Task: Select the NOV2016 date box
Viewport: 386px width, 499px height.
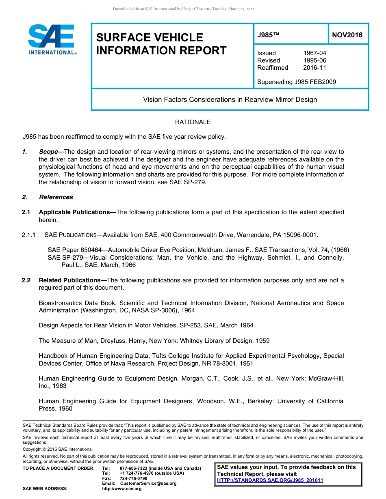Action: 347,35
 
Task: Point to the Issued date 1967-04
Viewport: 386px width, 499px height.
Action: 314,53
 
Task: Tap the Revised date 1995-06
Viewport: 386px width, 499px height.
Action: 314,60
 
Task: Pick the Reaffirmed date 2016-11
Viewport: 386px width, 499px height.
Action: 314,68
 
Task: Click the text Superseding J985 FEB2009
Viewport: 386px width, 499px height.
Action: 297,82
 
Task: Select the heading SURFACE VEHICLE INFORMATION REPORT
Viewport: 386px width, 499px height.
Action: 161,44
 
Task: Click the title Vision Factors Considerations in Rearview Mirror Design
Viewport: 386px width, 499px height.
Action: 230,99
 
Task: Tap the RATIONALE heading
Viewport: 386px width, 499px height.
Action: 193,122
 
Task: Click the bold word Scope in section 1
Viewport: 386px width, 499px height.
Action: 48,152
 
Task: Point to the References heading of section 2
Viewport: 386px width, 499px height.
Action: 56,197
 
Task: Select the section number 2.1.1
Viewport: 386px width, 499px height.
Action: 29,235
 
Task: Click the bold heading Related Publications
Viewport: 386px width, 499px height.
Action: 72,280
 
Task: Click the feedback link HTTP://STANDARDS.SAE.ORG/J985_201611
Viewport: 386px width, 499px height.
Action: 270,480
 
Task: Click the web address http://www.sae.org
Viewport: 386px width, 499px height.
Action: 121,489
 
